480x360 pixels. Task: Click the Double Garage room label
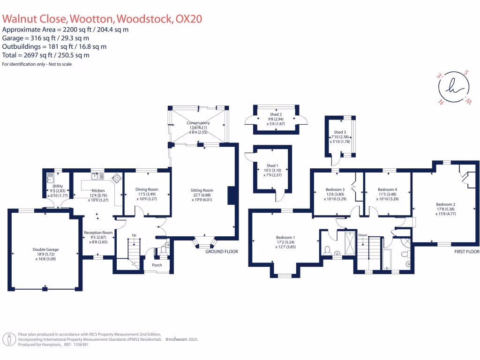(x=45, y=249)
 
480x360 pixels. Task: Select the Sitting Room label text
(x=202, y=190)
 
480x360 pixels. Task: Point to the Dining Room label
(x=147, y=189)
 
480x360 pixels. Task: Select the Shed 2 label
(x=276, y=114)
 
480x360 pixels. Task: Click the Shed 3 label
(x=340, y=132)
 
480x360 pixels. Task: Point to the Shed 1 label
(x=272, y=165)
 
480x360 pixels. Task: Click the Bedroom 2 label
(x=446, y=204)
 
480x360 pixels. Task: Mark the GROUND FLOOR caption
(x=222, y=252)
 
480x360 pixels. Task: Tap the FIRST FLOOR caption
(x=466, y=252)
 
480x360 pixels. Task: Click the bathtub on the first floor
(x=387, y=260)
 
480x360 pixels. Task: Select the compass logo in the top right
(x=450, y=88)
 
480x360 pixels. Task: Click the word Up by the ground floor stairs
(x=134, y=235)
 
